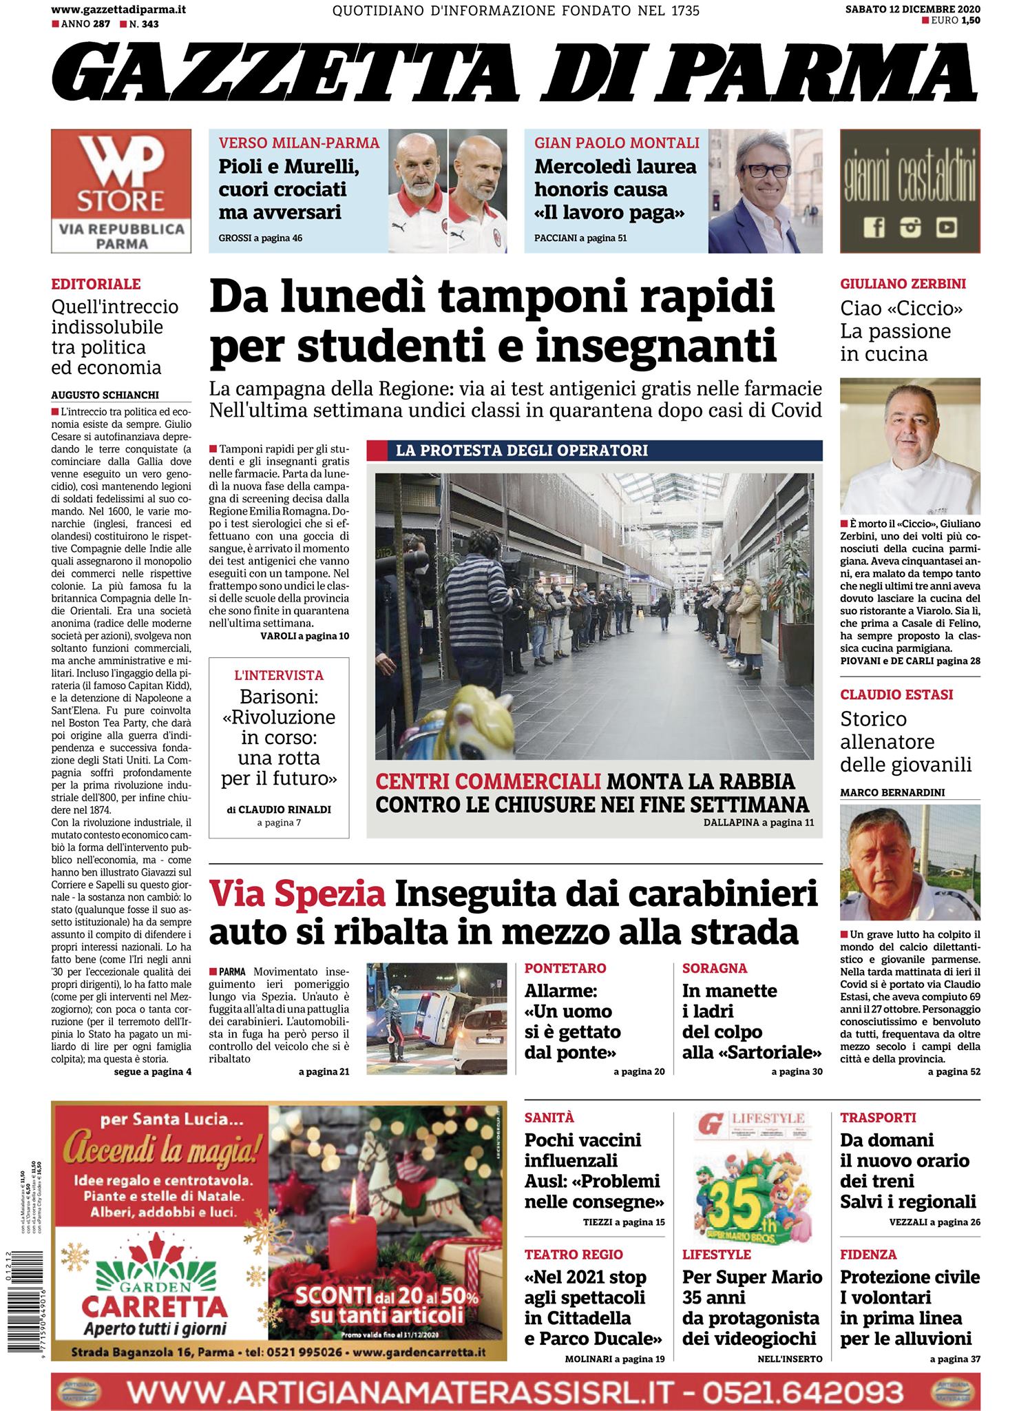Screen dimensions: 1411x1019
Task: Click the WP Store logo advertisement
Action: pyautogui.click(x=121, y=191)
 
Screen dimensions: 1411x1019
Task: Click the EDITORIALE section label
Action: pyautogui.click(x=96, y=284)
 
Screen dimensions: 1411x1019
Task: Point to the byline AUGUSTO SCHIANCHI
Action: pyautogui.click(x=105, y=395)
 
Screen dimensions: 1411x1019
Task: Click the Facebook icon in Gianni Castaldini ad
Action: pyautogui.click(x=874, y=227)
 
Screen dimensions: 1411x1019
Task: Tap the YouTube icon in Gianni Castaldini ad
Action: pyautogui.click(x=947, y=227)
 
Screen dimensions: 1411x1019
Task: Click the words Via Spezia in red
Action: pyautogui.click(x=297, y=894)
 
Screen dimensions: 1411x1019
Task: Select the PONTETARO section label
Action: pyautogui.click(x=565, y=968)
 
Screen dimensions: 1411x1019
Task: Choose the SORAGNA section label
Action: pyautogui.click(x=715, y=968)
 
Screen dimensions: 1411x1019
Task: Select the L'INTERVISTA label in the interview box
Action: pyautogui.click(x=279, y=675)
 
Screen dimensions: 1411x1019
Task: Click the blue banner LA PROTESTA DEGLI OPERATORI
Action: pyautogui.click(x=594, y=451)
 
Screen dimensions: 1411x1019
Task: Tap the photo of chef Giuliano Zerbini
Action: pyautogui.click(x=910, y=446)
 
